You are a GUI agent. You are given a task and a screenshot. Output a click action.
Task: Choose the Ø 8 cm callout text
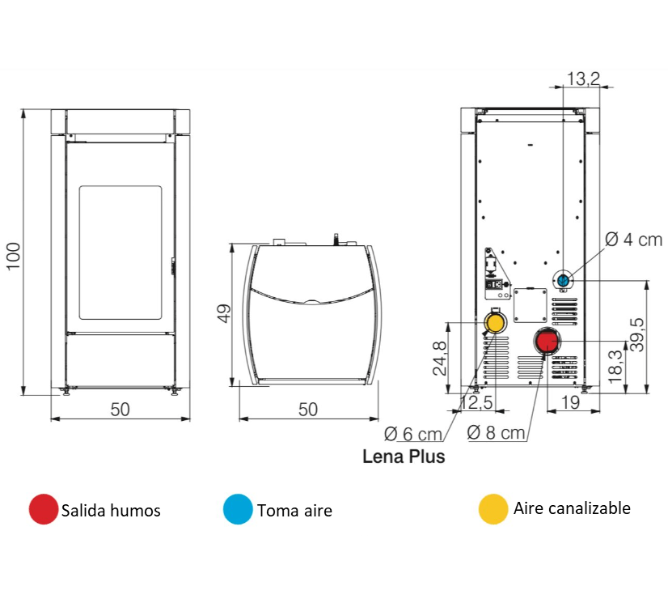pyautogui.click(x=496, y=432)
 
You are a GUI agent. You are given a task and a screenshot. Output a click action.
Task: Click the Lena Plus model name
pyautogui.click(x=404, y=457)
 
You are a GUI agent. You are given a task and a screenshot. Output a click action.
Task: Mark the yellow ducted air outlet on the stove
pyautogui.click(x=493, y=324)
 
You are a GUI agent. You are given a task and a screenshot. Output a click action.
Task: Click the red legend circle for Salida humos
pyautogui.click(x=43, y=509)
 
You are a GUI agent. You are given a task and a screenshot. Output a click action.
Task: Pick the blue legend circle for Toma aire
pyautogui.click(x=238, y=509)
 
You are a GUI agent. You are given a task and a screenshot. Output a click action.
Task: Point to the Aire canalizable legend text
pyautogui.click(x=571, y=508)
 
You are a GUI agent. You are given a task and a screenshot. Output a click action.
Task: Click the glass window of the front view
pyautogui.click(x=120, y=252)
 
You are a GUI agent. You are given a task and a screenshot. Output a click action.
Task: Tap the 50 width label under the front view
pyautogui.click(x=120, y=409)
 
